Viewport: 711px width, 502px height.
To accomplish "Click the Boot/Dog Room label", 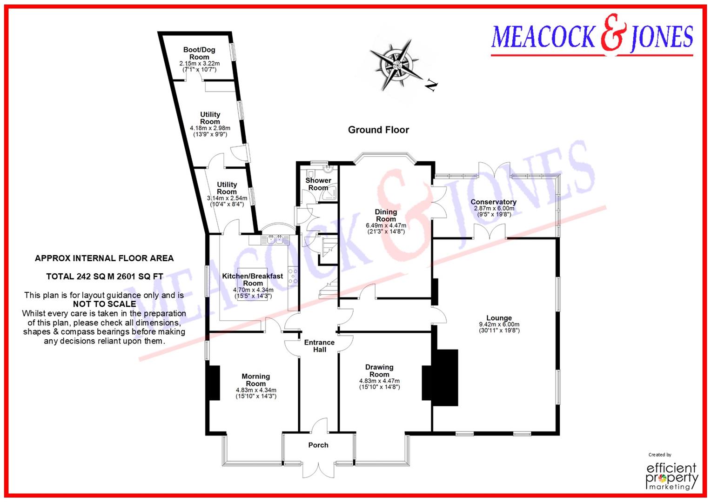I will pos(199,53).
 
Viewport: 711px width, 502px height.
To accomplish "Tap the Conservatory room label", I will pos(493,202).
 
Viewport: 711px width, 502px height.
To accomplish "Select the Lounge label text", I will pos(499,318).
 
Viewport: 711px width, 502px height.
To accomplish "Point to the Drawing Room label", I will pos(379,370).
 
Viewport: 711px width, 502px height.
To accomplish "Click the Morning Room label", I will pos(255,380).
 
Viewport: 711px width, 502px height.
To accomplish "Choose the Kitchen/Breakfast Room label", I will pos(253,279).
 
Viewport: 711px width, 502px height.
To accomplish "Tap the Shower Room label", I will pos(318,184).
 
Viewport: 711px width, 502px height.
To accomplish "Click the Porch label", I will pos(318,445).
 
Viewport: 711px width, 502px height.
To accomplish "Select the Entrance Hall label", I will pos(319,346).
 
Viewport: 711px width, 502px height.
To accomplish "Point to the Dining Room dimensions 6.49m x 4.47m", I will pos(386,225).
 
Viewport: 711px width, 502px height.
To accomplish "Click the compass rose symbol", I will pos(396,65).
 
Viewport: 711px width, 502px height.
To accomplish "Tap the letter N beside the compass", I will pos(432,85).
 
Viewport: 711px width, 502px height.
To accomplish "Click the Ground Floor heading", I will pos(378,130).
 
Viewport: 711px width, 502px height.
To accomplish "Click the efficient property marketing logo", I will pos(672,475).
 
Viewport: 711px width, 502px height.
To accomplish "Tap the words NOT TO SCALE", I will pos(104,304).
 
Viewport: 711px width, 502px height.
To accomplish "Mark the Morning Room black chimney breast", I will pos(214,383).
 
